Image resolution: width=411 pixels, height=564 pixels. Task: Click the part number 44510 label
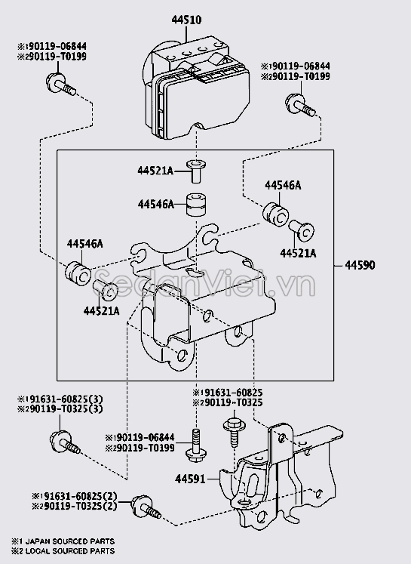186,20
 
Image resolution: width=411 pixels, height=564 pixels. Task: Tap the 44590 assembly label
360,266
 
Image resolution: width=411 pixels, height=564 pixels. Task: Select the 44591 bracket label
190,479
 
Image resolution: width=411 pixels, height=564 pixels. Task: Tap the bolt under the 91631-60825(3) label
64,442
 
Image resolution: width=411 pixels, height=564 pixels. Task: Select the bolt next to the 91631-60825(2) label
146,507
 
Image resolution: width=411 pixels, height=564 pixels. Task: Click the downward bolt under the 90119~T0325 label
235,432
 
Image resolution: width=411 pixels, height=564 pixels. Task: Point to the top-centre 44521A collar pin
196,171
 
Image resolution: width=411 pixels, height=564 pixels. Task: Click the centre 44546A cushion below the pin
196,205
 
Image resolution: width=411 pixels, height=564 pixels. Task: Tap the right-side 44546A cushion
275,215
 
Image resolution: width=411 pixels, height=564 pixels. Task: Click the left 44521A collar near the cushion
106,290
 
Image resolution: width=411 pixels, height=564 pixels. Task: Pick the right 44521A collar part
302,230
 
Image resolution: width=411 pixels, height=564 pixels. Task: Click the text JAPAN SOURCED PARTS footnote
69,541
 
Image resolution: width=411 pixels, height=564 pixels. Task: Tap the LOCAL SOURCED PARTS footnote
69,551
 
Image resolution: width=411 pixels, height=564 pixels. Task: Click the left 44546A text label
84,244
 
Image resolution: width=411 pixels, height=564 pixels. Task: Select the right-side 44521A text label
298,254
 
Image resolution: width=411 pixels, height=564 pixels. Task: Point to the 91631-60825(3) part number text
60,399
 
